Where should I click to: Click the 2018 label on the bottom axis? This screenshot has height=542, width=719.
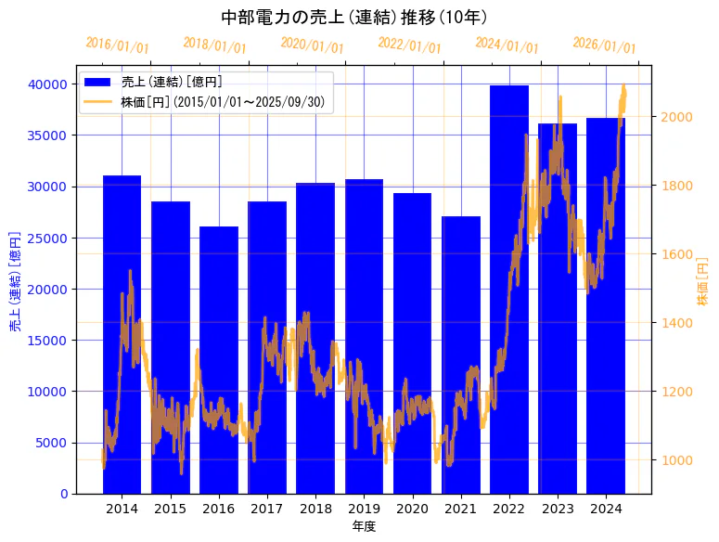tap(315, 509)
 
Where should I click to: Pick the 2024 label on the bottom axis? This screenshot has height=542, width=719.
tap(606, 509)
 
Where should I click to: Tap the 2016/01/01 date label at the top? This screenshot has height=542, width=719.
tap(117, 45)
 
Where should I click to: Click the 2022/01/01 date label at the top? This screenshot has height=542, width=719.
tap(409, 45)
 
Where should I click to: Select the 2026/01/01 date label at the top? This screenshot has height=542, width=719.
tap(604, 45)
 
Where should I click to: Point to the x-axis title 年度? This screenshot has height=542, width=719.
tap(364, 526)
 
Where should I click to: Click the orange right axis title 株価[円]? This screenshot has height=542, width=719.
tap(702, 282)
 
